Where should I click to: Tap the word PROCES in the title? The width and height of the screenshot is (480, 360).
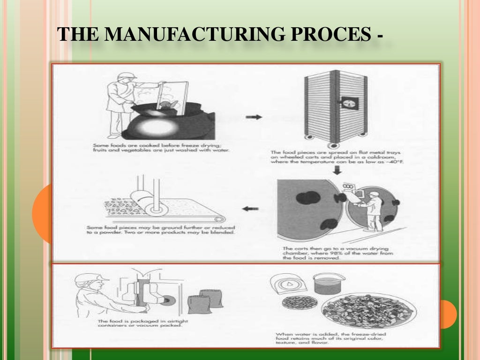(328, 35)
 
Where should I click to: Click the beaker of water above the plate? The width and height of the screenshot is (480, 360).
(328, 283)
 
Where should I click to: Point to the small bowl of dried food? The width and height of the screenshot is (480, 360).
(294, 303)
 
